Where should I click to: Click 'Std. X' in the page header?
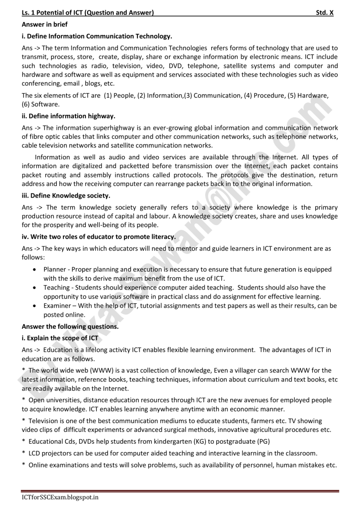[x=325, y=13]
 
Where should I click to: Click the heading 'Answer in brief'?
[x=45, y=25]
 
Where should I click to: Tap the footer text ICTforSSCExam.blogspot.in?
[x=60, y=497]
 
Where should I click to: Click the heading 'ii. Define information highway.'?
[x=69, y=116]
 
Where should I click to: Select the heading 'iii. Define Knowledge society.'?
[x=66, y=196]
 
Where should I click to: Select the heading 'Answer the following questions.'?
[x=70, y=326]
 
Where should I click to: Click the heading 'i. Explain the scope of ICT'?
[x=60, y=338]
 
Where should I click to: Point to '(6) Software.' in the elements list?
[x=41, y=104]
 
